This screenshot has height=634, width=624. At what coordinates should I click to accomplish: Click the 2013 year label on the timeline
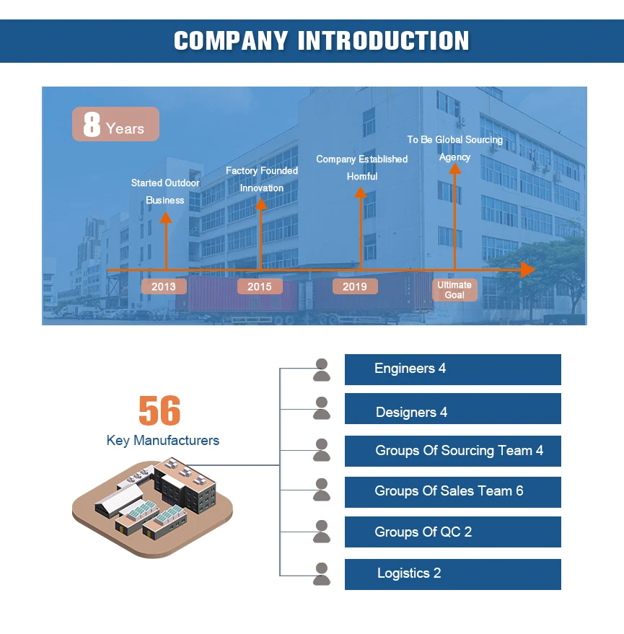pyautogui.click(x=164, y=286)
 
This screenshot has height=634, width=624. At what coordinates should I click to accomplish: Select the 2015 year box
pyautogui.click(x=260, y=286)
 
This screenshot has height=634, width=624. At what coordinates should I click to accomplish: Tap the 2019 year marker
pyautogui.click(x=355, y=286)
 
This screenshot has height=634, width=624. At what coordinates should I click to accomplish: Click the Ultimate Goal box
pyautogui.click(x=454, y=290)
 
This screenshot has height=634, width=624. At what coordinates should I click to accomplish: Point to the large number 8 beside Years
pyautogui.click(x=92, y=125)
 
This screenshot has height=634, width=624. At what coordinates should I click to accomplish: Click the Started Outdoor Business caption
pyautogui.click(x=165, y=191)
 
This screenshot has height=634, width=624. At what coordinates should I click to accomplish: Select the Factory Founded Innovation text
pyautogui.click(x=261, y=179)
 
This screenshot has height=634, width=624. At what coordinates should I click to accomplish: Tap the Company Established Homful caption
pyautogui.click(x=362, y=167)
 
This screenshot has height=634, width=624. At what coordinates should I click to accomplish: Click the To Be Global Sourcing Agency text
pyautogui.click(x=454, y=148)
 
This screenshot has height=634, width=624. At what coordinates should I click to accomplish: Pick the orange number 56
pyautogui.click(x=159, y=411)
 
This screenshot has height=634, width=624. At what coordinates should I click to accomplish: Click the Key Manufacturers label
pyautogui.click(x=163, y=440)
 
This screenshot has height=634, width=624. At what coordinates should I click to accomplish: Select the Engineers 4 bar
pyautogui.click(x=452, y=369)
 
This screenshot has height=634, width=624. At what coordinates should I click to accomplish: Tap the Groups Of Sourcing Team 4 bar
pyautogui.click(x=452, y=451)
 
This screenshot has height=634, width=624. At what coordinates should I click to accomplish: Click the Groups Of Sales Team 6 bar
pyautogui.click(x=452, y=492)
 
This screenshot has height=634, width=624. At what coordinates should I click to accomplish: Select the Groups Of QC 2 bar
pyautogui.click(x=452, y=532)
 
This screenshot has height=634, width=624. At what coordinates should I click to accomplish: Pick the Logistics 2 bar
pyautogui.click(x=452, y=574)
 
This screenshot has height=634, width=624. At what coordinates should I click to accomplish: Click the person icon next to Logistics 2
pyautogui.click(x=322, y=574)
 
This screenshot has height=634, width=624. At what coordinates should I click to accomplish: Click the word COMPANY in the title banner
pyautogui.click(x=231, y=40)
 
